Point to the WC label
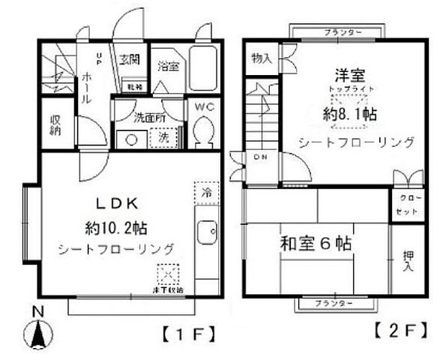click(205, 107)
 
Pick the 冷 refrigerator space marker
click(205, 190)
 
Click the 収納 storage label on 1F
click(56, 126)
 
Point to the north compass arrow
click(37, 330)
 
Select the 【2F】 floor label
click(401, 328)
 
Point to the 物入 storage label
click(261, 58)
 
